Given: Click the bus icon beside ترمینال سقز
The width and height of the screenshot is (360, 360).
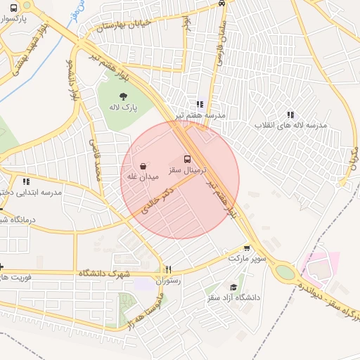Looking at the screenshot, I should tap(187, 159).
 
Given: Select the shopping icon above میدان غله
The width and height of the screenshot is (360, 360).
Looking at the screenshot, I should tap(143, 166).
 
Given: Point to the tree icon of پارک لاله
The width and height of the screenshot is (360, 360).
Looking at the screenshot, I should tap(124, 97).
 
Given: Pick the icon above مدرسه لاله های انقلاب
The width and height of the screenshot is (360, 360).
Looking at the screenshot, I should tap(290, 115).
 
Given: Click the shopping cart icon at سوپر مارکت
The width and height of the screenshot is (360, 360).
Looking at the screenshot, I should tap(247, 248).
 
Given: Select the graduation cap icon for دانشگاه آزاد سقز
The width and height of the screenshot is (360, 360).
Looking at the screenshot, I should tap(233, 288).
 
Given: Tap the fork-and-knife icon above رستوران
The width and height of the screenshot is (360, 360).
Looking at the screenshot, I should tap(168, 269).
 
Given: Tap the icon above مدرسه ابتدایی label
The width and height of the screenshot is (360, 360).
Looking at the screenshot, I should tap(26, 181).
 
